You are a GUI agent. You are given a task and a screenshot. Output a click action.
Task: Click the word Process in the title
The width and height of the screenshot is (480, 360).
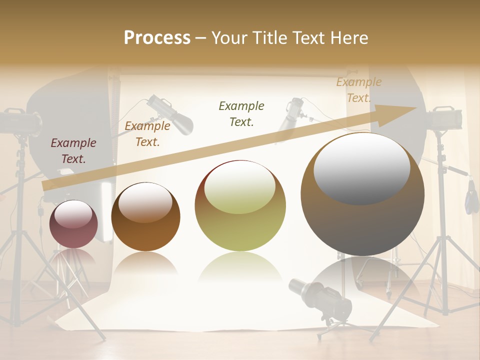(x=157, y=37)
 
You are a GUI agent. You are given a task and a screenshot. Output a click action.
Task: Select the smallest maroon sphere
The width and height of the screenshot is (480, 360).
(x=73, y=224)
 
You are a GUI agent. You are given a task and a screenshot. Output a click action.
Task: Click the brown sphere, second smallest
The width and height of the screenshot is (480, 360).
(x=145, y=216)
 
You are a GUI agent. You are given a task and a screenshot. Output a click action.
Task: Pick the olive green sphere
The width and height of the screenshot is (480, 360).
(x=240, y=205)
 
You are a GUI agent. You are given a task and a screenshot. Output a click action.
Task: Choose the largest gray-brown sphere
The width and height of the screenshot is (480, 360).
(x=362, y=194)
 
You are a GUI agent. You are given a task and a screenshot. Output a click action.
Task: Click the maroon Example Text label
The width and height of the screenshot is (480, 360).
(x=73, y=151)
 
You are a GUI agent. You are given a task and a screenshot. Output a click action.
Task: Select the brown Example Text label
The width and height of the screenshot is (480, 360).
(x=147, y=134)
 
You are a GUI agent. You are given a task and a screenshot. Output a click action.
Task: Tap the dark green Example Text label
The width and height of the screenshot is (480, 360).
(x=241, y=113)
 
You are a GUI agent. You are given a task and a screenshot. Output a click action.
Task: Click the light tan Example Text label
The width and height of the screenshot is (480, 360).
(x=359, y=90)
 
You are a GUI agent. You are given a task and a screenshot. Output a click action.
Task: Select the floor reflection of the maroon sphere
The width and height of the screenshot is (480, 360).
(x=73, y=257)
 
